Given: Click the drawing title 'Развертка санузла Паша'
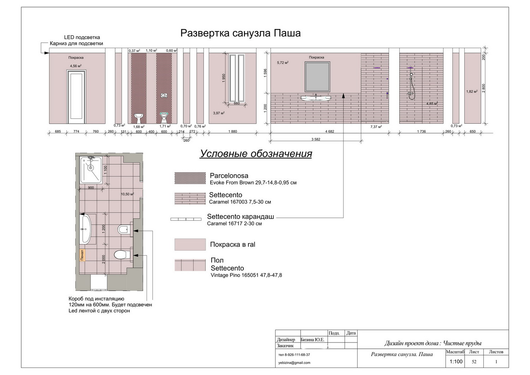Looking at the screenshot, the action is [240, 33].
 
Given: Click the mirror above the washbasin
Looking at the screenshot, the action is [317, 77].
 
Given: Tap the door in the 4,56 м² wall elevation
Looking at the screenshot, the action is [76, 96].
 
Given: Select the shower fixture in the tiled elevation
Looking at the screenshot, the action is [411, 83].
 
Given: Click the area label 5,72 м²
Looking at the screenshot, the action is [283, 63].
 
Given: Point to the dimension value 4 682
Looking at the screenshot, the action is [330, 131].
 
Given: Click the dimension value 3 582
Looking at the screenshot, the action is [316, 139].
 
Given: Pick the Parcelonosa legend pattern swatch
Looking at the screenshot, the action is [190, 178].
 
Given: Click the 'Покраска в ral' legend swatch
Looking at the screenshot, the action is [190, 244].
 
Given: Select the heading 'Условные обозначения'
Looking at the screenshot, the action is [256, 153].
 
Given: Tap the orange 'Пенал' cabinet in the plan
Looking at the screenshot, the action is [82, 255].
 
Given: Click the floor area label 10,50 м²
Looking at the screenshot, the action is [127, 194].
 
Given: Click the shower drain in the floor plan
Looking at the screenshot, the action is [90, 168].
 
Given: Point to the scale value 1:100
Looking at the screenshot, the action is [456, 362].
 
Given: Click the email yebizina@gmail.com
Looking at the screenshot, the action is [294, 363].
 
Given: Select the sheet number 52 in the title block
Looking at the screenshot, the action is [474, 362].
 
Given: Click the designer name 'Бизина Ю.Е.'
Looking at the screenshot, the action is [312, 340].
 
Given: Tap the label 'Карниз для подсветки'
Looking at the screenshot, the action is [76, 43].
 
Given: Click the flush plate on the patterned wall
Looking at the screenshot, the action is [164, 95].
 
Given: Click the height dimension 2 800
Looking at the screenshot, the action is [484, 88].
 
